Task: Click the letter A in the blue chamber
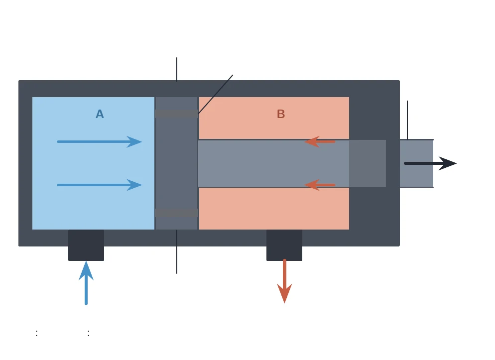(100, 114)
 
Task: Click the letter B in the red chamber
(281, 114)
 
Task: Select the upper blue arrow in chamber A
(100, 142)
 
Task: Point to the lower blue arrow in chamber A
(100, 185)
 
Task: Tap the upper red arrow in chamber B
(320, 142)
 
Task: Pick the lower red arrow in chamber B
(320, 185)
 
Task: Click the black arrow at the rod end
(430, 163)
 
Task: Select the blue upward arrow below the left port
(86, 283)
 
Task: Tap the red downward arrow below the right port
(284, 281)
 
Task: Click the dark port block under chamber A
(86, 245)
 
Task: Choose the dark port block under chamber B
(284, 245)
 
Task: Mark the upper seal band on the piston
(176, 114)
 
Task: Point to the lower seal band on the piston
(176, 213)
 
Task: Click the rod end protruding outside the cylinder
(416, 163)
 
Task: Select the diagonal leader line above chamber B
(215, 94)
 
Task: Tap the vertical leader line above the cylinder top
(177, 69)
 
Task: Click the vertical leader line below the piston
(177, 252)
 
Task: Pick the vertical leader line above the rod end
(407, 120)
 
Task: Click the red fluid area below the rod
(274, 209)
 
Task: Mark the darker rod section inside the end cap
(368, 163)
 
